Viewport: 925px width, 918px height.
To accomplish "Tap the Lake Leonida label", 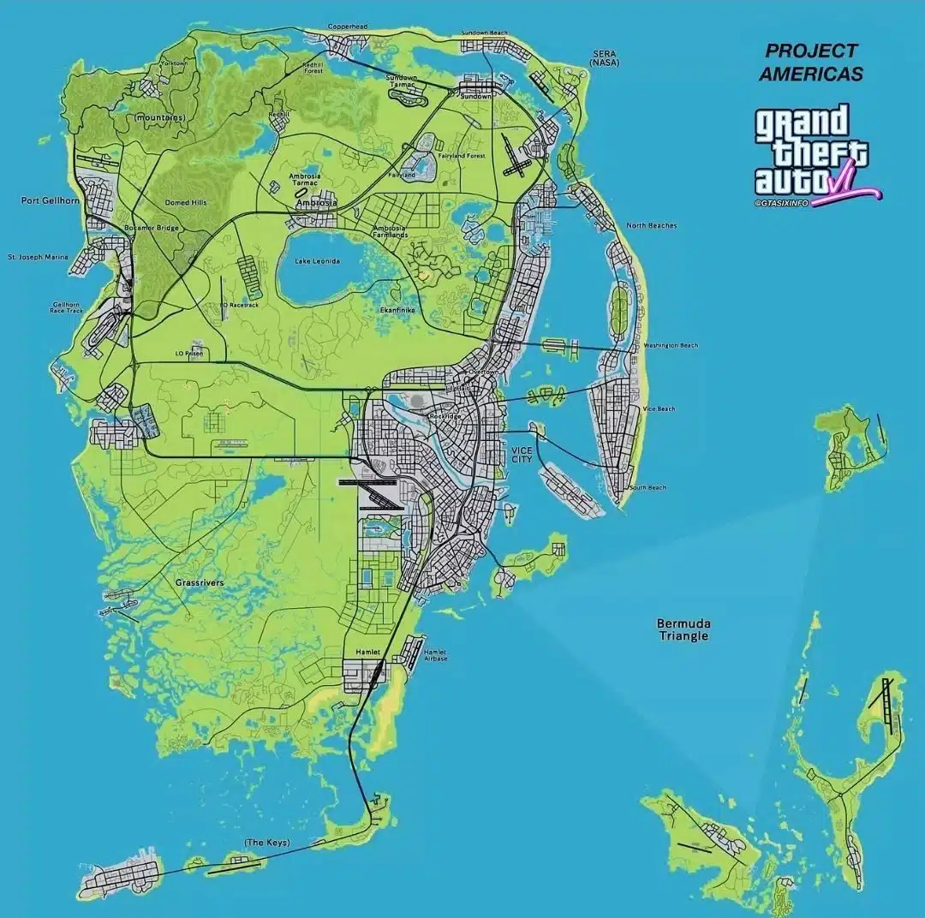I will pyautogui.click(x=318, y=261).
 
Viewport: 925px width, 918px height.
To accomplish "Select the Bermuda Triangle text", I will pyautogui.click(x=683, y=629).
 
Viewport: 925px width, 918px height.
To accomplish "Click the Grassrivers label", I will pyautogui.click(x=200, y=582).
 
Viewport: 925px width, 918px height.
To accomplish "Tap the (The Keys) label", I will pyautogui.click(x=266, y=843).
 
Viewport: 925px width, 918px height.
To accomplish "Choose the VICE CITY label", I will pyautogui.click(x=522, y=455).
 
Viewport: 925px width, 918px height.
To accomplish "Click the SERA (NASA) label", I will pyautogui.click(x=605, y=57).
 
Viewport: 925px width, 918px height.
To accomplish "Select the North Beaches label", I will pyautogui.click(x=651, y=225).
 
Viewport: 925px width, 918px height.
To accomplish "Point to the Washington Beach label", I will pyautogui.click(x=670, y=345).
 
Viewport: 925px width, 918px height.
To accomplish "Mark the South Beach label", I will pyautogui.click(x=647, y=487).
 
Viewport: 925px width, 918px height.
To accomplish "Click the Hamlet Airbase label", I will pyautogui.click(x=435, y=654).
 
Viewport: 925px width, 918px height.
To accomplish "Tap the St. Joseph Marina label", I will pyautogui.click(x=38, y=256).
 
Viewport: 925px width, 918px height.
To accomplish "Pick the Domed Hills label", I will pyautogui.click(x=185, y=203).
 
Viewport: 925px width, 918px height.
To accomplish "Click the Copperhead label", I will pyautogui.click(x=348, y=27).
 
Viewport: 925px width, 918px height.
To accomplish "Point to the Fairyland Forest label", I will pyautogui.click(x=462, y=156).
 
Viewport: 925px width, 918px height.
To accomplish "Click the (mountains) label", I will pyautogui.click(x=159, y=117).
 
